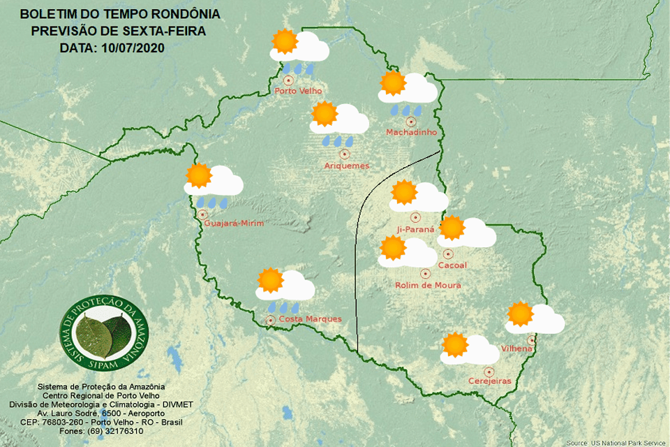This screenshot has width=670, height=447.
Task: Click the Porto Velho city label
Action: point(297,91)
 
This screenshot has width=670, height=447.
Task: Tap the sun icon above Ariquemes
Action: point(324,113)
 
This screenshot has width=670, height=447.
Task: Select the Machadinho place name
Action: point(412,132)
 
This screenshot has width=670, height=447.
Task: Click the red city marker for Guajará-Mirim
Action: point(202,214)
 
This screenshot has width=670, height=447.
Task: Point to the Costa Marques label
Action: point(310,319)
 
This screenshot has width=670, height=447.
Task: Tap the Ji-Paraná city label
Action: point(415,228)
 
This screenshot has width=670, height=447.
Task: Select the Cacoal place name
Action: point(452,265)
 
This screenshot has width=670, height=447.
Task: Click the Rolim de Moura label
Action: point(428,285)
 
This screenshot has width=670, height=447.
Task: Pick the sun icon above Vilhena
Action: point(520,314)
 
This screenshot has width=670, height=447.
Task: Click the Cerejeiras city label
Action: point(489,381)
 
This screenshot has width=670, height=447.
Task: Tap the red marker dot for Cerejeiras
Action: point(489,372)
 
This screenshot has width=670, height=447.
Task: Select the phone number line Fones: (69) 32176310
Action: point(87,430)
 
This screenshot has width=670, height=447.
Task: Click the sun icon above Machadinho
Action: point(392,83)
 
